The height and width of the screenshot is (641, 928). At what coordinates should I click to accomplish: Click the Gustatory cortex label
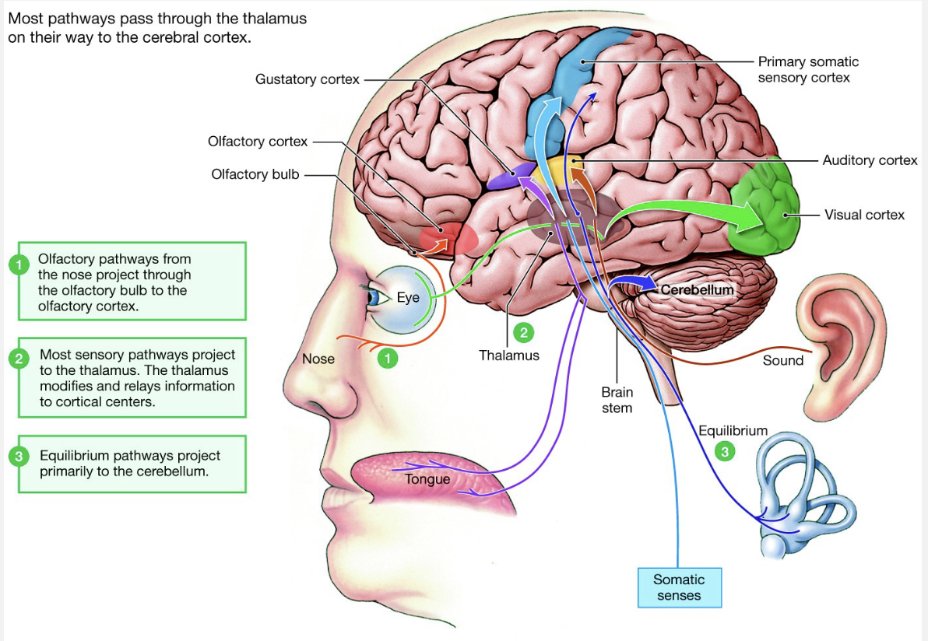pyautogui.click(x=307, y=79)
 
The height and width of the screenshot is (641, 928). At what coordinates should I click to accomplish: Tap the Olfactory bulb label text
pyautogui.click(x=255, y=174)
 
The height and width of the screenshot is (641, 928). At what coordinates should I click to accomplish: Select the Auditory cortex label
pyautogui.click(x=870, y=160)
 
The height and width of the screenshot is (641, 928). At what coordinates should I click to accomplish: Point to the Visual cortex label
pyautogui.click(x=864, y=214)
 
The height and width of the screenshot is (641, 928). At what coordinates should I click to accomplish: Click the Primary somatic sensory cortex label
pyautogui.click(x=808, y=69)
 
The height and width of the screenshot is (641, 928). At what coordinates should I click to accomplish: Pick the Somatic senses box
pyautogui.click(x=679, y=587)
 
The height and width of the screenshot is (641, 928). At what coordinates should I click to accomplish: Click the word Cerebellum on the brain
pyautogui.click(x=697, y=289)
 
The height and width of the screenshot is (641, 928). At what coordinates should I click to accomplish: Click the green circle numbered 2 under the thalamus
pyautogui.click(x=523, y=333)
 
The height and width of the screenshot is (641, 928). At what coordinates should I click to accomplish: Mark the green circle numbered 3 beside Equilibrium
pyautogui.click(x=725, y=450)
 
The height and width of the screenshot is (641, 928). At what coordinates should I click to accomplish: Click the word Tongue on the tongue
pyautogui.click(x=427, y=479)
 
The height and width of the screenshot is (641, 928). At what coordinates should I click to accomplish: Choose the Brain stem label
pyautogui.click(x=617, y=400)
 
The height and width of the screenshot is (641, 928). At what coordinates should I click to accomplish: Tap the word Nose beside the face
pyautogui.click(x=318, y=359)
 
